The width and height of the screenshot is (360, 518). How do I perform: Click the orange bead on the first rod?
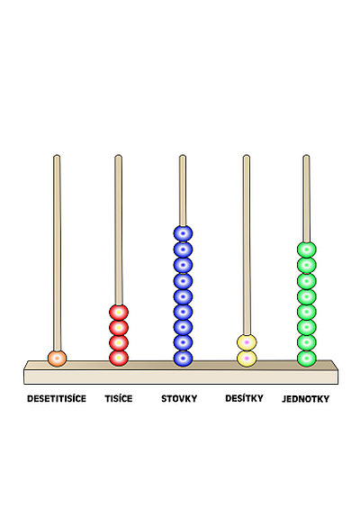tap(57, 359)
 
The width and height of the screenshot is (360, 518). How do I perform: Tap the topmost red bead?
tap(119, 313)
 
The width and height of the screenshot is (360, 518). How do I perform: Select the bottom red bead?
tap(119, 359)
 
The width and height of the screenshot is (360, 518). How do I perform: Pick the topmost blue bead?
tap(183, 233)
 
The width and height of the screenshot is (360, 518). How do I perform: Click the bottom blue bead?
tap(183, 359)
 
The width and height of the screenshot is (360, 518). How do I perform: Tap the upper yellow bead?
tap(247, 342)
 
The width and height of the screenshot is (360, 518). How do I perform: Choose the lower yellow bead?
tap(247, 359)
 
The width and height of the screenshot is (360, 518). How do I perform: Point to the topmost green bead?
tap(307, 250)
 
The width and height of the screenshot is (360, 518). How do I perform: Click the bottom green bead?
tap(307, 359)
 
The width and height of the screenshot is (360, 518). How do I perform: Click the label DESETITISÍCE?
tap(57, 399)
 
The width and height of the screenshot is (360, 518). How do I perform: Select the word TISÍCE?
tap(119, 399)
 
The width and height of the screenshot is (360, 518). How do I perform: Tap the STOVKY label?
tap(179, 399)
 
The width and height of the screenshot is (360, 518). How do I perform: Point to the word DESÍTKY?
tap(244, 398)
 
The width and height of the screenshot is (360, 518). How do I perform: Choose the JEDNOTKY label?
tap(306, 399)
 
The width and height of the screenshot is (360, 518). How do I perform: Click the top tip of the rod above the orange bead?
tap(57, 155)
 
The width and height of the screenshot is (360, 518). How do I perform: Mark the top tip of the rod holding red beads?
tap(119, 155)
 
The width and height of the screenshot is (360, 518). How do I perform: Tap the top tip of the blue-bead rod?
tap(183, 155)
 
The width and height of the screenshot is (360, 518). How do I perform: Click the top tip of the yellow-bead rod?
tap(247, 155)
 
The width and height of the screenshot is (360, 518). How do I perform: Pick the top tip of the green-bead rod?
tap(306, 155)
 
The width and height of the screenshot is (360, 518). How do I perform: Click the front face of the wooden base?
tap(181, 377)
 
